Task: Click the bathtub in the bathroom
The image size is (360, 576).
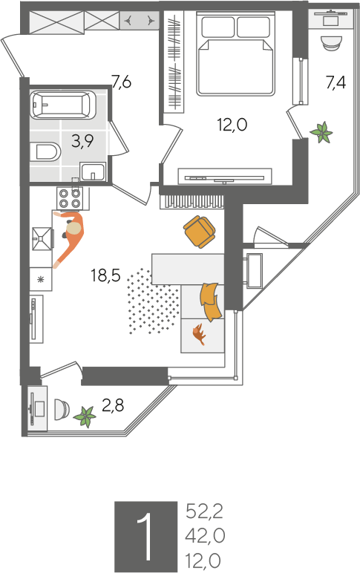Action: (x=63, y=105)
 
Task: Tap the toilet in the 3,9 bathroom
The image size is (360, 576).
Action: (x=46, y=151)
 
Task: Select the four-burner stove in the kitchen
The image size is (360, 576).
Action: (x=73, y=198)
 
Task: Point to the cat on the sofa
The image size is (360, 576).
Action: (x=200, y=333)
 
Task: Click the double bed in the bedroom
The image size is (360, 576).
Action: (x=236, y=53)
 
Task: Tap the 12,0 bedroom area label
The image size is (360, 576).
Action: (x=232, y=125)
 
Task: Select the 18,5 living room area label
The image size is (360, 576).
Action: (x=106, y=275)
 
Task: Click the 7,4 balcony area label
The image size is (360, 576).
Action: (x=336, y=82)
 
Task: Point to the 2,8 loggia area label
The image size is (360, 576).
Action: (x=113, y=405)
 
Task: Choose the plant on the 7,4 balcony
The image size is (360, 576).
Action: (x=321, y=132)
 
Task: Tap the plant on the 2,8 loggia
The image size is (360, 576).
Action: (x=85, y=417)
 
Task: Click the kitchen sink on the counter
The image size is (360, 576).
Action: (x=43, y=239)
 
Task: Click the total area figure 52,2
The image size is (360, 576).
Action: (x=204, y=511)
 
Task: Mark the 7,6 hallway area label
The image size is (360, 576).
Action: (x=122, y=82)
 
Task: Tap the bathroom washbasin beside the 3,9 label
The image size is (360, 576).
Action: (x=94, y=171)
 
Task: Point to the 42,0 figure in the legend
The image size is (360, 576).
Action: (x=205, y=537)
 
